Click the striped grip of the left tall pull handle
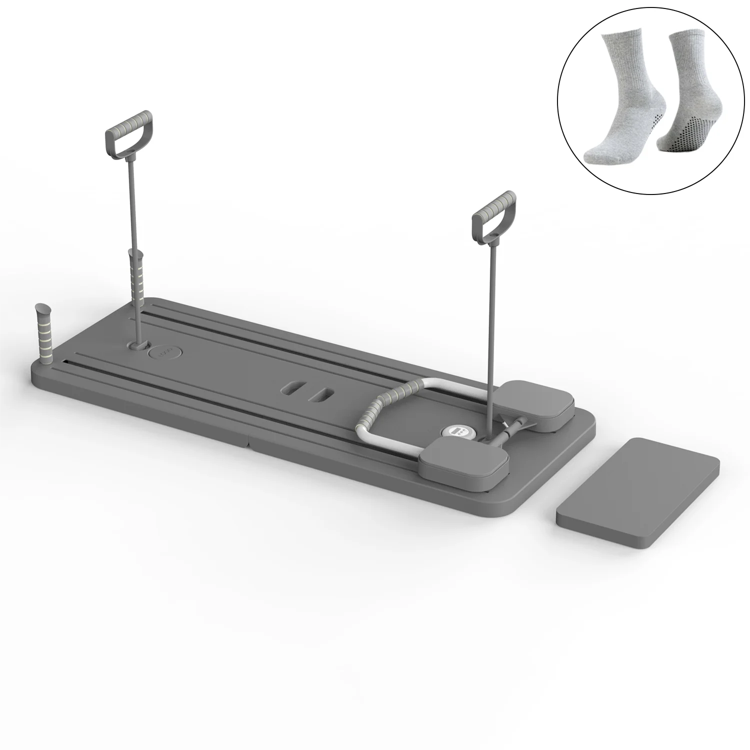point(129,121)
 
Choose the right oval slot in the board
point(319,395)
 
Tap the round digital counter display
point(455,430)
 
